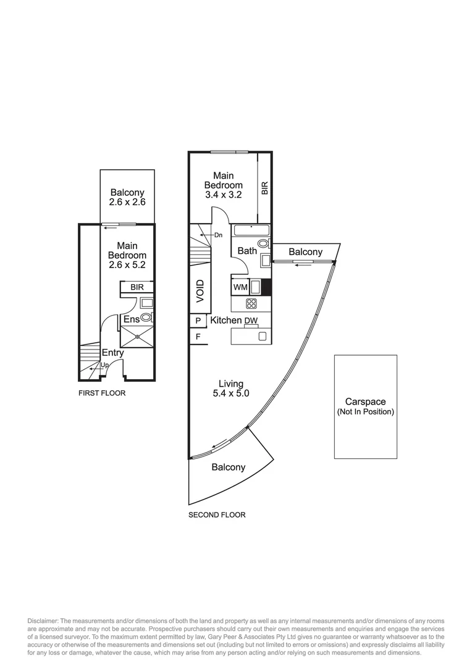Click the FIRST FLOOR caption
pos(102,393)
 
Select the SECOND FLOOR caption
pos(217,514)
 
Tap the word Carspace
pos(365,401)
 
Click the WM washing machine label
pos(240,287)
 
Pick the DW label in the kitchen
pos(251,321)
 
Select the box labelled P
pos(198,321)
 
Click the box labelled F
pos(198,337)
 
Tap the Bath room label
pos(247,251)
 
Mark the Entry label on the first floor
pos(112,353)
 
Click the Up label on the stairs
pos(104,366)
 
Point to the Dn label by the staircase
pos(218,235)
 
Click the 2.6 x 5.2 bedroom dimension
pos(127,265)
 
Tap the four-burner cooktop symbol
pos(251,303)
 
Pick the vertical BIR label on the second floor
pos(264,188)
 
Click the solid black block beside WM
pos(266,287)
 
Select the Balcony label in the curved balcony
pos(228,468)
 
